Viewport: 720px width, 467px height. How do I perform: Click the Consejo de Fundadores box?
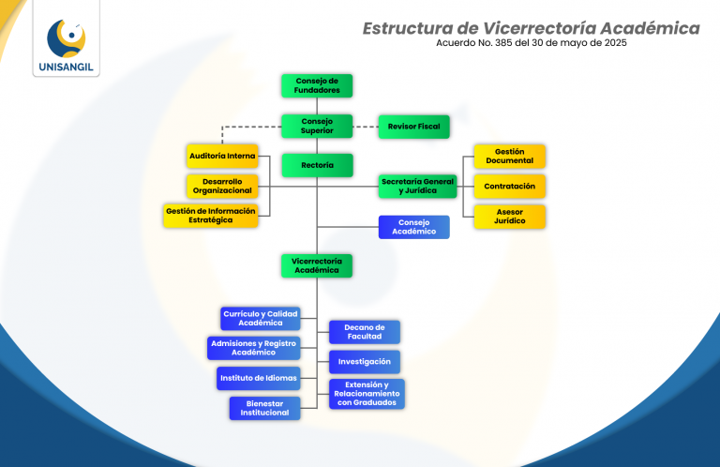pyautogui.click(x=317, y=85)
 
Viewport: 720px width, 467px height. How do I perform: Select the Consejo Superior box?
pyautogui.click(x=317, y=126)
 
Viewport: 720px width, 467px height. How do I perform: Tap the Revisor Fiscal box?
pyautogui.click(x=413, y=126)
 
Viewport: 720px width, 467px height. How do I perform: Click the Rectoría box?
pyautogui.click(x=317, y=165)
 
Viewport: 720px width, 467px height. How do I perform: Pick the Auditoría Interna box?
pyautogui.click(x=222, y=156)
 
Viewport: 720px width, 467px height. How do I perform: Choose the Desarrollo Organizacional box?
pyautogui.click(x=222, y=186)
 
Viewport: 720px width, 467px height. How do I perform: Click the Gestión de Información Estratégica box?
pyautogui.click(x=211, y=216)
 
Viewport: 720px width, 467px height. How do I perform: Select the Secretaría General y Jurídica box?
pyautogui.click(x=417, y=186)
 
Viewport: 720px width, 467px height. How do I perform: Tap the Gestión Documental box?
pyautogui.click(x=509, y=156)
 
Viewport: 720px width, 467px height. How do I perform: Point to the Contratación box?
pyautogui.click(x=509, y=186)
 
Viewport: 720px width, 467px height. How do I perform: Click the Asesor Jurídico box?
pyautogui.click(x=509, y=217)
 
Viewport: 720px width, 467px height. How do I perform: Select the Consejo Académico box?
pyautogui.click(x=413, y=227)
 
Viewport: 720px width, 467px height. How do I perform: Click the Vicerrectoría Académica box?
pyautogui.click(x=317, y=265)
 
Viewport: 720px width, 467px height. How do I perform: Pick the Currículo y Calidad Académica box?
pyautogui.click(x=260, y=318)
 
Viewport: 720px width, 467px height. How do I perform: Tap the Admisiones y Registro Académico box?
pyautogui.click(x=253, y=348)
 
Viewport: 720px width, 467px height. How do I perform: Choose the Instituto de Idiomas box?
pyautogui.click(x=258, y=379)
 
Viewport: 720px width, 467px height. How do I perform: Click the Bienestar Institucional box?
pyautogui.click(x=264, y=408)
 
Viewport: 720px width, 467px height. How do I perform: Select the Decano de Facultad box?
pyautogui.click(x=365, y=332)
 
